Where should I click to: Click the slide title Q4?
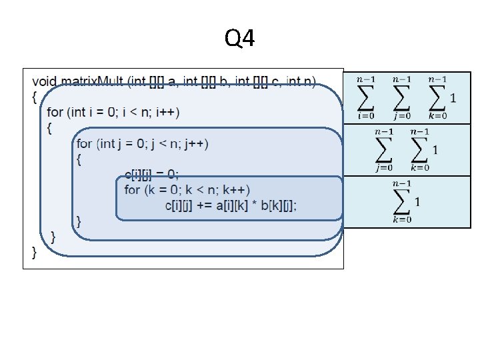239,40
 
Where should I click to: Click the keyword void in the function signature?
44,81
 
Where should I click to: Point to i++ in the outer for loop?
168,111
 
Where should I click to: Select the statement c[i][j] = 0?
152,175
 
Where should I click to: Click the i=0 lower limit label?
365,115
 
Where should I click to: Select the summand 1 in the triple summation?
453,99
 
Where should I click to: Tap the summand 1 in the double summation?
435,149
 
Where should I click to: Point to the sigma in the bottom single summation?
401,201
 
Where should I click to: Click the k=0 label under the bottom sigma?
401,219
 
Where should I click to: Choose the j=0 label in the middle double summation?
384,167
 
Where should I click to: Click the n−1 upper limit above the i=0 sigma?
365,80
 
